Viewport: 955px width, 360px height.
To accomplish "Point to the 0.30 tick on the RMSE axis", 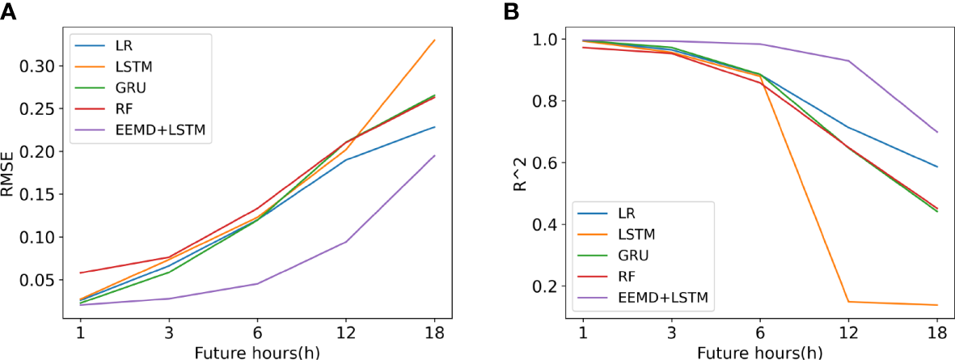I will click(x=44, y=66).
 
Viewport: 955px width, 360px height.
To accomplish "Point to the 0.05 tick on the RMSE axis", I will click(x=44, y=280).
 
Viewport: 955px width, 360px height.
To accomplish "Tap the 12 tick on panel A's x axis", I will click(x=346, y=333).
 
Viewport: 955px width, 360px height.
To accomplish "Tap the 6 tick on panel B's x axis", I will click(x=759, y=333).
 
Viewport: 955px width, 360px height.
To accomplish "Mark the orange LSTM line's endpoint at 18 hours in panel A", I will click(x=435, y=40).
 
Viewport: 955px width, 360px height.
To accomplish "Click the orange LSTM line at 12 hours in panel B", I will click(x=848, y=302).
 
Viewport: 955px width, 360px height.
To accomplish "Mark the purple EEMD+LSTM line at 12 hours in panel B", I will click(x=848, y=61).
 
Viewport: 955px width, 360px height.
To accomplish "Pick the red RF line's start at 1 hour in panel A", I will click(x=80, y=273).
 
